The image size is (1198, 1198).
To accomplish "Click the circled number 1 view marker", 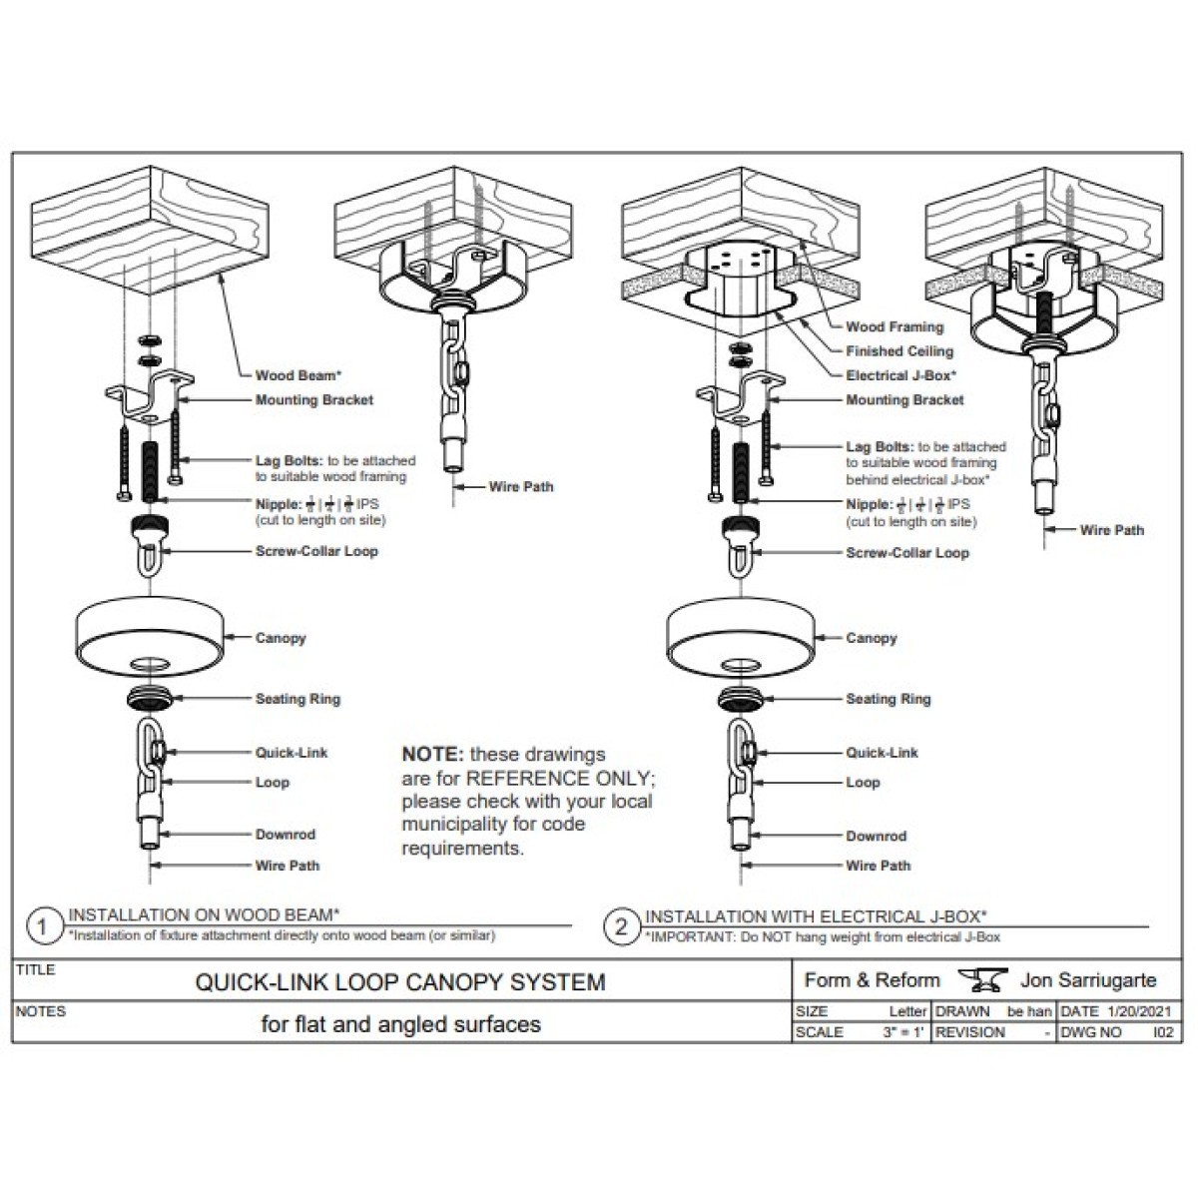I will [42, 926].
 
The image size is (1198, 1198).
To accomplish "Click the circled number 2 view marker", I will [621, 926].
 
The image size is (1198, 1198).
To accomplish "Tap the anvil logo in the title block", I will [981, 980].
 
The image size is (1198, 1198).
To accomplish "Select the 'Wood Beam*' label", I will [298, 375].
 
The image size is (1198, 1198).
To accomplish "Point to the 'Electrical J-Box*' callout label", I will [900, 375].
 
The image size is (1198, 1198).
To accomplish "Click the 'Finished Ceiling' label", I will [898, 351].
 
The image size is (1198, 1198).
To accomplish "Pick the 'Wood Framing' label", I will [894, 326].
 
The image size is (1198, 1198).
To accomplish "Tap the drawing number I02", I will [1163, 1032].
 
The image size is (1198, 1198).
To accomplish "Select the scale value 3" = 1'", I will [904, 1032].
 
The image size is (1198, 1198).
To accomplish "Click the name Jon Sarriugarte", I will [1088, 980].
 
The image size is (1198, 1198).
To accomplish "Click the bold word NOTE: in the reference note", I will [432, 755].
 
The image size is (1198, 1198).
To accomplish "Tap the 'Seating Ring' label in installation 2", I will [888, 699].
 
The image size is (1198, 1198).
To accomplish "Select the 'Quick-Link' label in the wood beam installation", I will [291, 753].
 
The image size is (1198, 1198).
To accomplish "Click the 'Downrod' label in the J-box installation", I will [876, 836].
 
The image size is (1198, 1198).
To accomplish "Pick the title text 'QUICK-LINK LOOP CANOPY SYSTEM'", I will [399, 982].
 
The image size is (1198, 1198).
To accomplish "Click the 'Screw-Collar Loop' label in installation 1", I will [316, 551].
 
